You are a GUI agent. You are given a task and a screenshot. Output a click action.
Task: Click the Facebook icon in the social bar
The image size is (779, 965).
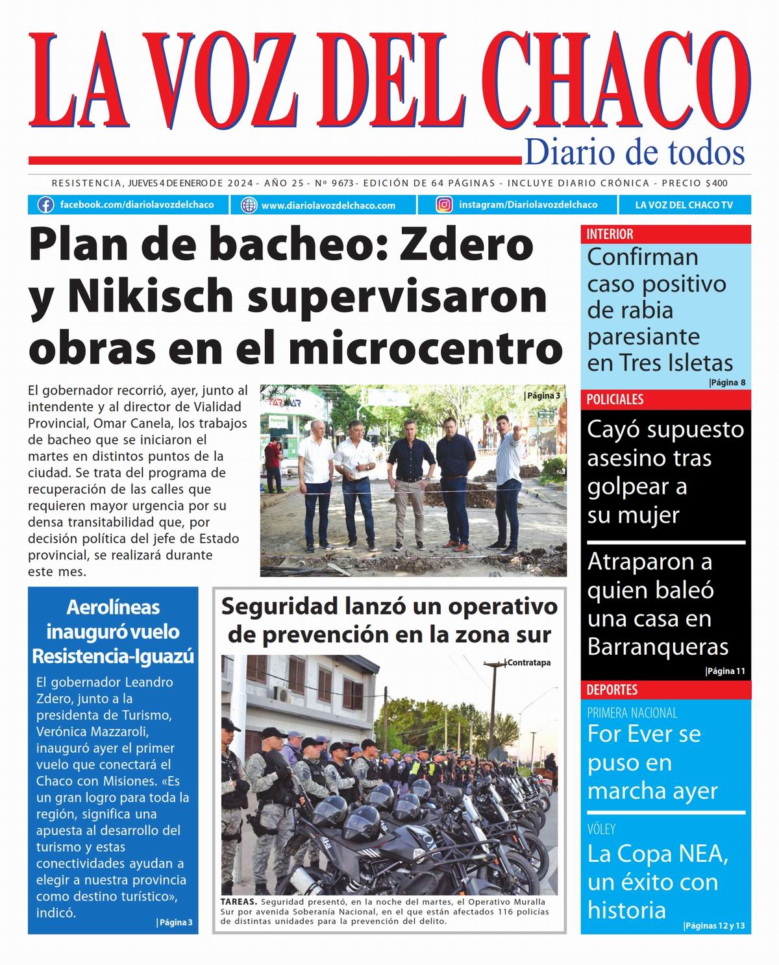click(45, 205)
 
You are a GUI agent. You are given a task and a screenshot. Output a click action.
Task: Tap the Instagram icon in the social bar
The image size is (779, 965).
click(444, 205)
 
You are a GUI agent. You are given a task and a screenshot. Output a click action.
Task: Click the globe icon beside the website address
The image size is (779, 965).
click(249, 205)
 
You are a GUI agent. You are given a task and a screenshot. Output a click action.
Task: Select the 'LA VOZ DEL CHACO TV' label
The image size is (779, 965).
click(684, 205)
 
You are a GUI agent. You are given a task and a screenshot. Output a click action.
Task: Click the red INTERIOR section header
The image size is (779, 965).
click(610, 234)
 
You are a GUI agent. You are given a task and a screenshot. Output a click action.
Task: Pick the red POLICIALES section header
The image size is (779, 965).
click(615, 400)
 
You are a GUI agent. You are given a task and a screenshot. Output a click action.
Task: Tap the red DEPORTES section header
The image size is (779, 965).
click(612, 690)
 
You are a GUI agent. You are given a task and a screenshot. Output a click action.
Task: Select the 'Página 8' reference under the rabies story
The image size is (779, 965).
click(727, 383)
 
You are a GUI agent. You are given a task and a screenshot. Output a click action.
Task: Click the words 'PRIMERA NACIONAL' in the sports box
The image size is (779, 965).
click(632, 713)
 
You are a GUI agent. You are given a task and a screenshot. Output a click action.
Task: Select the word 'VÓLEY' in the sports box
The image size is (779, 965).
click(601, 829)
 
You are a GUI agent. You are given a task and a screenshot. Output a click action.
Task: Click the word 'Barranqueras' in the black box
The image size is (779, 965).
click(658, 647)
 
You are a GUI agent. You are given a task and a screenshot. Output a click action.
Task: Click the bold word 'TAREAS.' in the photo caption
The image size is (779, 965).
click(239, 902)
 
